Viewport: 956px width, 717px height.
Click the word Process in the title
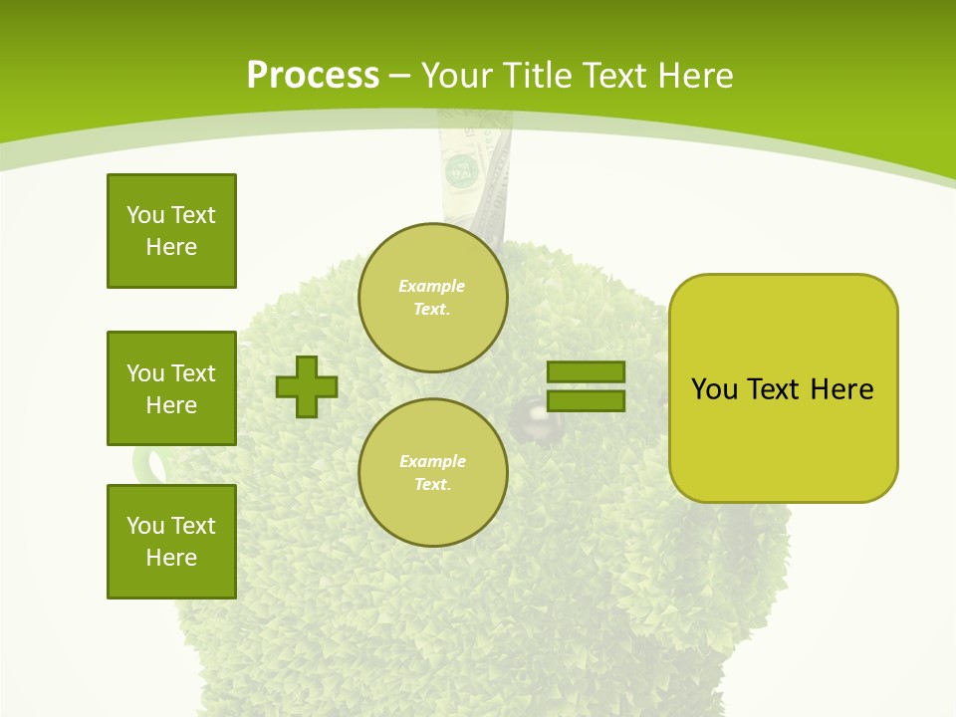click(313, 76)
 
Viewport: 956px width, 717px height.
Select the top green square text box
click(171, 231)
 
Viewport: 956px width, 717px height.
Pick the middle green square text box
click(171, 388)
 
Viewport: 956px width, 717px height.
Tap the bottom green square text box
click(171, 542)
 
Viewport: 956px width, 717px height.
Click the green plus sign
click(307, 386)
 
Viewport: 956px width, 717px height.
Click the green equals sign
click(586, 386)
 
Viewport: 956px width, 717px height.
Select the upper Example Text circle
click(432, 297)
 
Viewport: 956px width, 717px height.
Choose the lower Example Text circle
click(432, 472)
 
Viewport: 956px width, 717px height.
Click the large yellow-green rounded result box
click(783, 388)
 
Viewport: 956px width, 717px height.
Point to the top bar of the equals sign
click(586, 372)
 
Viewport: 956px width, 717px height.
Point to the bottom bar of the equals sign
click(586, 401)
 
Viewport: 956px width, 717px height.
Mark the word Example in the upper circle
click(432, 286)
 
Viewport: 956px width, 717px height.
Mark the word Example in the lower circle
click(432, 461)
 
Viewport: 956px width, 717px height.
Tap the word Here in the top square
click(171, 247)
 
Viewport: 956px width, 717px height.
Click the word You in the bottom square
click(143, 526)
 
